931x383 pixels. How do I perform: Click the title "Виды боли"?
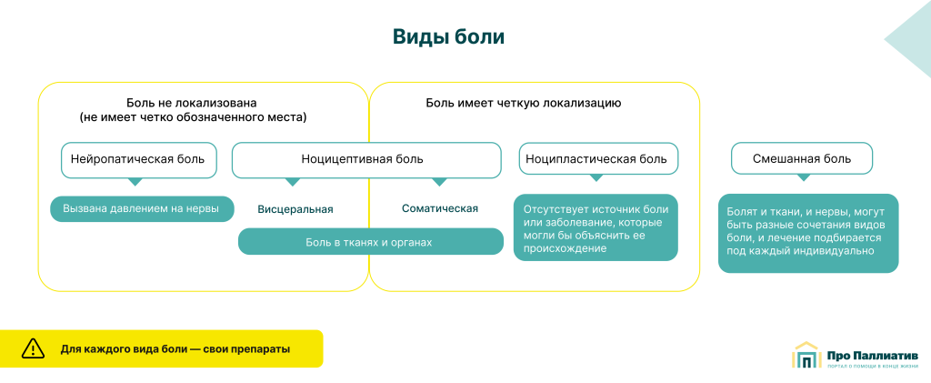pos(448,37)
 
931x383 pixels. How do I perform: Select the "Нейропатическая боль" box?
pos(138,159)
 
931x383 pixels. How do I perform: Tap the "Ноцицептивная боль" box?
pos(365,159)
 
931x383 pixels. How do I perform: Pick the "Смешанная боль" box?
pos(802,159)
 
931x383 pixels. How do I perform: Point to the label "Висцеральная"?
pos(295,209)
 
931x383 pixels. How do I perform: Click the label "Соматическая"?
pos(440,208)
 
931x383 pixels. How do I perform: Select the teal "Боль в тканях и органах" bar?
pos(370,242)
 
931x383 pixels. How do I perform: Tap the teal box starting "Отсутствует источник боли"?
pos(596,227)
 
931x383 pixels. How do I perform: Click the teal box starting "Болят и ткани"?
pos(808,233)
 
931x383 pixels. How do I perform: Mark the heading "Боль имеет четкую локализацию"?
pos(524,103)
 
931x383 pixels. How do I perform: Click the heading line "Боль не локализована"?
pos(192,103)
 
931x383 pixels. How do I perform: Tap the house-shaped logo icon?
pos(806,356)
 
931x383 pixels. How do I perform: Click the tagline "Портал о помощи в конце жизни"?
pos(873,367)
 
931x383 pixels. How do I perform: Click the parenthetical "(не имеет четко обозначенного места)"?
pos(193,117)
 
